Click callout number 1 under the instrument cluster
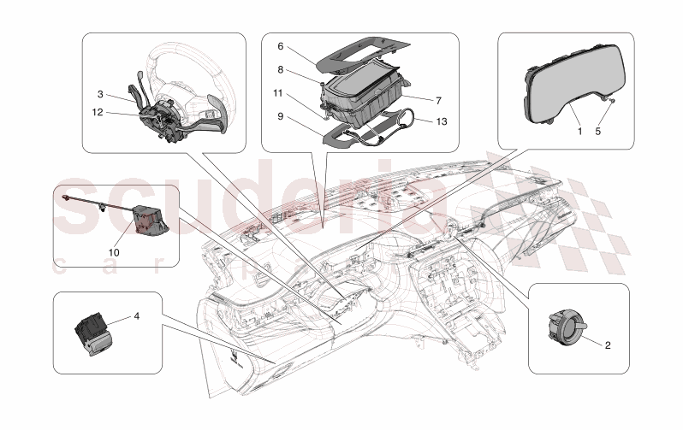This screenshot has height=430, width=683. [579, 133]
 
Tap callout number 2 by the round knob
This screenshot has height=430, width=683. [608, 345]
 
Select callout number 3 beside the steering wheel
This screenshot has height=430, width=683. [100, 94]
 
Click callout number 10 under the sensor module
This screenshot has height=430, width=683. [114, 251]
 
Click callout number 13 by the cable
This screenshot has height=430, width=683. [442, 121]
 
